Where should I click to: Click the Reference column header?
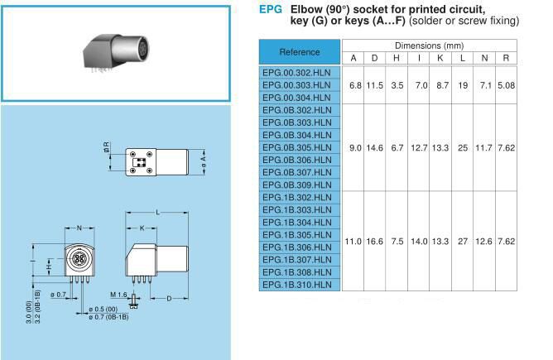click(300, 51)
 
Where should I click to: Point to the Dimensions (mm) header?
click(430, 46)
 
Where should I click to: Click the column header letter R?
click(506, 58)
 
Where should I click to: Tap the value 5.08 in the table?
click(506, 84)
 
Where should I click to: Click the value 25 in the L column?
click(463, 147)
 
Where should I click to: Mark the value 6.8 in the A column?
click(354, 84)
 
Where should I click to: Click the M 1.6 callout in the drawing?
click(118, 295)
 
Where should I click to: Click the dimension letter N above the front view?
click(79, 227)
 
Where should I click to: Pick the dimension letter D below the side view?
click(169, 297)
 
